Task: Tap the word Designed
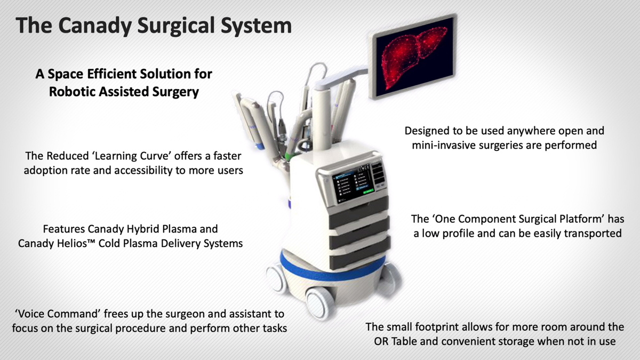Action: click(x=427, y=131)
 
